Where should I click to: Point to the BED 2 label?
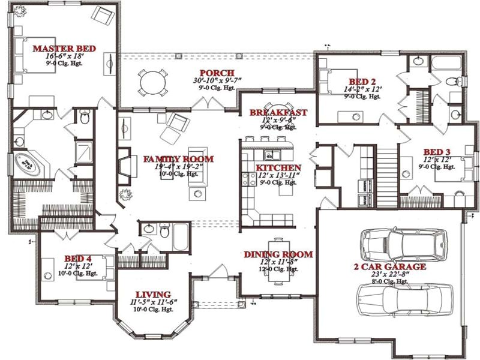pyautogui.click(x=362, y=82)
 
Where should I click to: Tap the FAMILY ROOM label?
pyautogui.click(x=178, y=159)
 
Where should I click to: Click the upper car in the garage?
pyautogui.click(x=403, y=245)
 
